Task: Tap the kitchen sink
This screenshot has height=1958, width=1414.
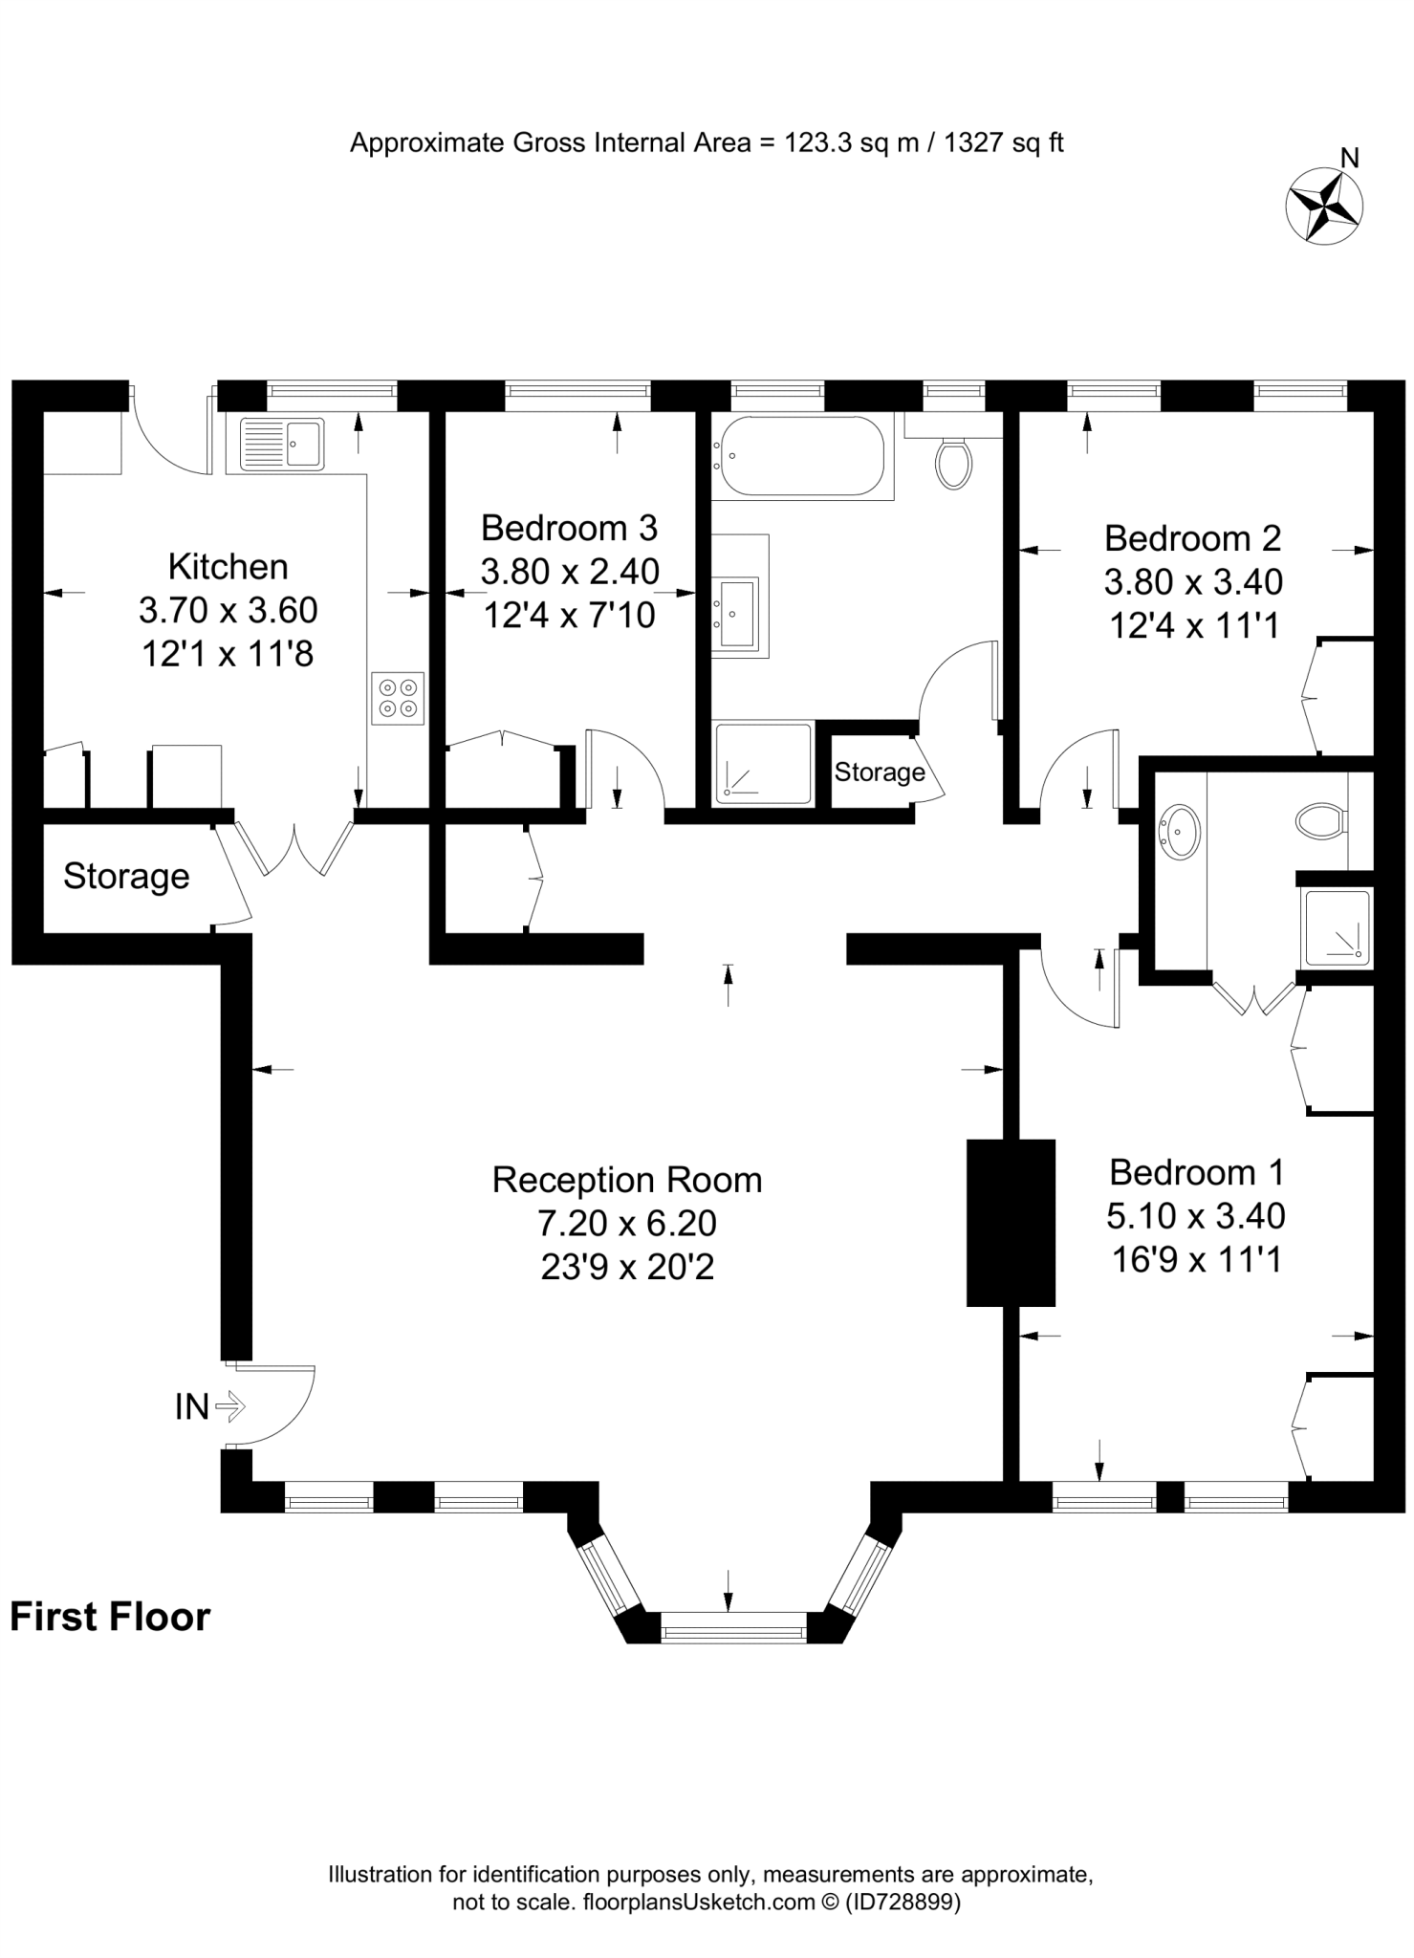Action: pos(283,445)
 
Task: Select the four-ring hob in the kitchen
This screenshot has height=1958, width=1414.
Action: pos(398,698)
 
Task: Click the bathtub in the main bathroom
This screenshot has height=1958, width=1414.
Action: pos(801,456)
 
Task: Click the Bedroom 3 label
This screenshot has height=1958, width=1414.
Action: pos(569,528)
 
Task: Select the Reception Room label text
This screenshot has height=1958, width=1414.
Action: pos(627,1180)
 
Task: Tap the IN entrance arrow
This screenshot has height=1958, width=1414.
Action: pos(230,1406)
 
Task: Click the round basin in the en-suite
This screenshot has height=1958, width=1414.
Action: pos(1180,832)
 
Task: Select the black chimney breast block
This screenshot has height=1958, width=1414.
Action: pos(1011,1223)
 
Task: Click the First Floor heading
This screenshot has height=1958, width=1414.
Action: pos(110,1618)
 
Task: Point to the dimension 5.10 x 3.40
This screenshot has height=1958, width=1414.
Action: pos(1195,1216)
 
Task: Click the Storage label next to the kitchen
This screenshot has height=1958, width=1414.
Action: pos(126,876)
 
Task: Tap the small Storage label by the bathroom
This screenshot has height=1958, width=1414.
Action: pos(879,772)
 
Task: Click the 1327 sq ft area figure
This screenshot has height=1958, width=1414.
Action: pos(1004,143)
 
